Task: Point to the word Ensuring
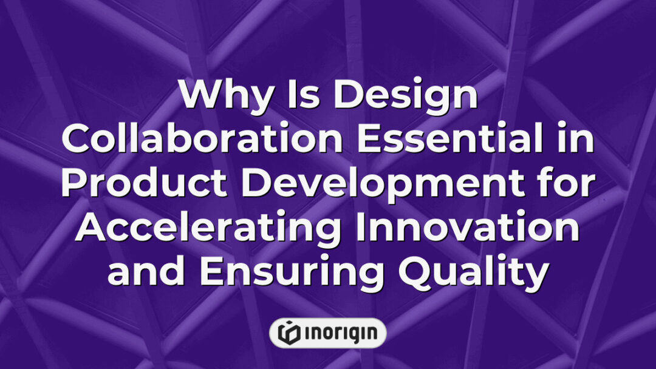pyautogui.click(x=290, y=273)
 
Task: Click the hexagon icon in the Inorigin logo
pyautogui.click(x=287, y=333)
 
